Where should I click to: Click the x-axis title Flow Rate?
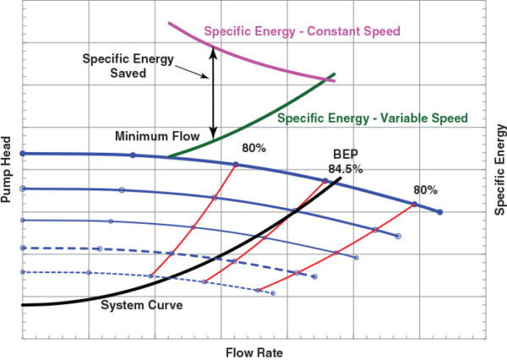tap(253, 350)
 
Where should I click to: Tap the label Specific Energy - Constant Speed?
tap(302, 31)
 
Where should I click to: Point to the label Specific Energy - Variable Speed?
tap(372, 117)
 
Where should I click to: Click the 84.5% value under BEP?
tap(346, 169)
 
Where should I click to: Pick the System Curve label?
tap(141, 304)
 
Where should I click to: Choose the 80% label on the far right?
tap(426, 189)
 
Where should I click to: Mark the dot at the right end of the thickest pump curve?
tap(439, 211)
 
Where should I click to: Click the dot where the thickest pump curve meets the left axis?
tap(23, 154)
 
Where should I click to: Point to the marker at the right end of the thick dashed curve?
tap(314, 276)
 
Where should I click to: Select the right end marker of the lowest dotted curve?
tap(274, 292)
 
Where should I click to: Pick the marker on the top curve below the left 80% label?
tap(236, 164)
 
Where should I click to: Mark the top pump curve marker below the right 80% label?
tap(414, 204)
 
